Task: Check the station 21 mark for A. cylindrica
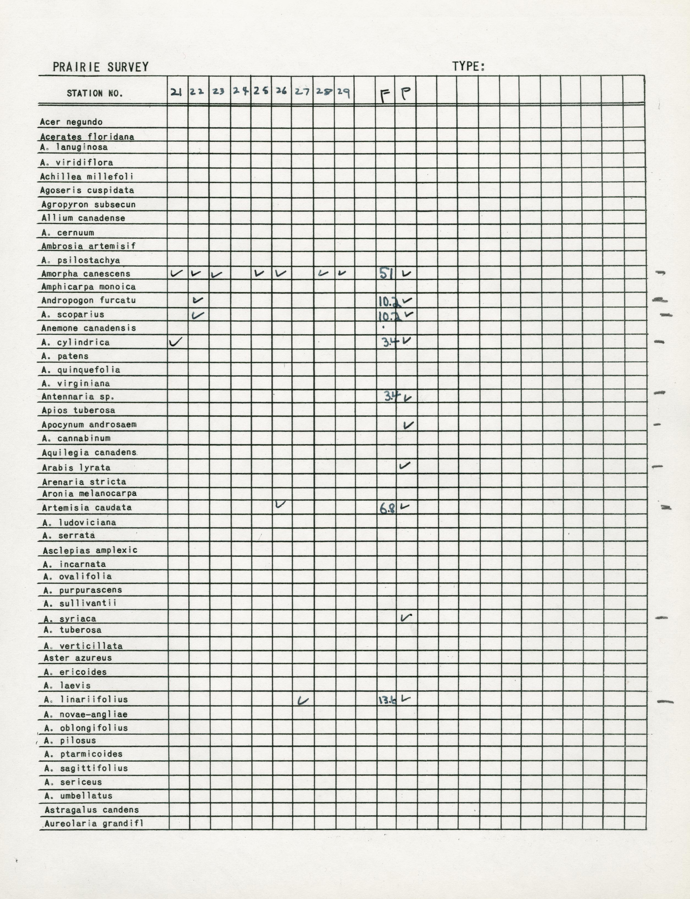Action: pos(175,341)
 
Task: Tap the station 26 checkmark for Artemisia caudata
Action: pos(281,504)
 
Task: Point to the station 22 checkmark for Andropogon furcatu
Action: pos(198,300)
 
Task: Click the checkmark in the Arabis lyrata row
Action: pos(405,465)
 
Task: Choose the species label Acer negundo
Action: pos(71,122)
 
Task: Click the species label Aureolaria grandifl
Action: pos(94,823)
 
